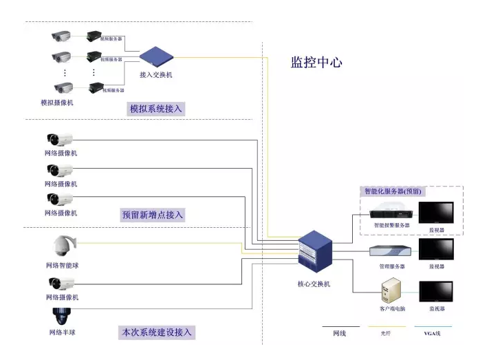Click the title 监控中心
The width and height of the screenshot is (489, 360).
point(316,63)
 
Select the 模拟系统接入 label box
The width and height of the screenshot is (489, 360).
point(157,109)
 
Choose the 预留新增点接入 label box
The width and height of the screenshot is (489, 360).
point(153,215)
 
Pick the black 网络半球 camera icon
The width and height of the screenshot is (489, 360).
point(61,316)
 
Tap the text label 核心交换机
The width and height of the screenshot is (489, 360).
point(313,284)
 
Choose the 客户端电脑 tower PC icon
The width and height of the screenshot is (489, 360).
point(391,290)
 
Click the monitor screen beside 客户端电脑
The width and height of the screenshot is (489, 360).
point(437,290)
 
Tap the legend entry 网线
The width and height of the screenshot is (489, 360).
point(340,333)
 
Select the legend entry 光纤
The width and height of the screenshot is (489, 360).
point(387,333)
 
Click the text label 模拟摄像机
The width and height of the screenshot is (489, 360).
point(57,103)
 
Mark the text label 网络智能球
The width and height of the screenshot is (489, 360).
point(63,265)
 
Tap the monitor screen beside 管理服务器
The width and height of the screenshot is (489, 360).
point(437,248)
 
